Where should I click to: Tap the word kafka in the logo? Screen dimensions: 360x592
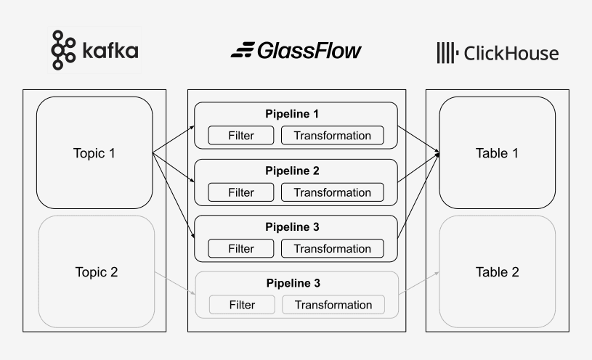tap(109, 52)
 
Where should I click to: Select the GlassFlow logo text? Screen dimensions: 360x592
tap(296, 51)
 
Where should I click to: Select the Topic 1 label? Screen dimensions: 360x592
tap(94, 153)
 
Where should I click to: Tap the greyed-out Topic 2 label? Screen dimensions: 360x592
tap(96, 272)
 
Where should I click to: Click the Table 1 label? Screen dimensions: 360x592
tap(497, 153)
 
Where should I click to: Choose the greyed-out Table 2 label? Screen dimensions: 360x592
tap(497, 272)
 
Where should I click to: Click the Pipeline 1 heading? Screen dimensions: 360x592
tap(293, 114)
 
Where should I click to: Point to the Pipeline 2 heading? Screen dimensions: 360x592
tap(293, 171)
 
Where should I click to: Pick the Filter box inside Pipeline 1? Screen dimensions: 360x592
tap(241, 136)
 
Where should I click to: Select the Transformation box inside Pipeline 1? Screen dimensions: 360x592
tap(333, 136)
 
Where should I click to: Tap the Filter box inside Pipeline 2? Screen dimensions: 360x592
tap(241, 192)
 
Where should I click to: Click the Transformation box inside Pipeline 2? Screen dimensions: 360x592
tap(333, 192)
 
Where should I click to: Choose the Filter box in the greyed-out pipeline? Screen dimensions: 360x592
tap(241, 305)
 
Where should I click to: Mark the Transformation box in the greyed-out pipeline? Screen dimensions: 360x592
tap(333, 305)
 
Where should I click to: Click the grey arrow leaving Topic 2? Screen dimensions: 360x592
tap(174, 285)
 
